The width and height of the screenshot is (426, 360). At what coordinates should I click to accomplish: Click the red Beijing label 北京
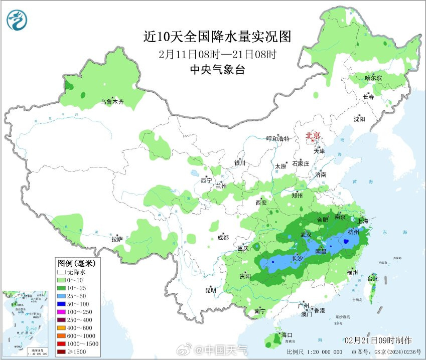click(313, 135)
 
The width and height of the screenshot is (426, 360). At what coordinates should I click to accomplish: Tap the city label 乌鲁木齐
click(111, 102)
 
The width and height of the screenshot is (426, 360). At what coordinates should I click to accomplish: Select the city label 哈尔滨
click(373, 78)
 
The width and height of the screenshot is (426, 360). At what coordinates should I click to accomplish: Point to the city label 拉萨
click(117, 239)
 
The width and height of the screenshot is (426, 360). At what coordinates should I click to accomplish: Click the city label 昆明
click(210, 290)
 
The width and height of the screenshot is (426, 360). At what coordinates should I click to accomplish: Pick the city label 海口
click(286, 334)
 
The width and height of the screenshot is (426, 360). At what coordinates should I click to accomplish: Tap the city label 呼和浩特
click(278, 139)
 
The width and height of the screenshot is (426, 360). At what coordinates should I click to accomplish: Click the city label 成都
click(223, 238)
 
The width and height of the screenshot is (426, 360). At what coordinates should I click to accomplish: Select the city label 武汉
click(306, 235)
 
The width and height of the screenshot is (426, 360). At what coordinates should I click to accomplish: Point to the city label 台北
click(373, 278)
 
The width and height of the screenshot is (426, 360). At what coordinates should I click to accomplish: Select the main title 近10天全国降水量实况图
click(217, 36)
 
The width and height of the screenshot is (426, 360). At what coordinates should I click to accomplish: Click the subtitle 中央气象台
click(217, 70)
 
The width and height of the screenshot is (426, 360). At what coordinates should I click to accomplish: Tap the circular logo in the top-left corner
click(17, 20)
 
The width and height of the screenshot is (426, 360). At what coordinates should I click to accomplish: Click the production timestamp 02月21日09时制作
click(378, 340)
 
